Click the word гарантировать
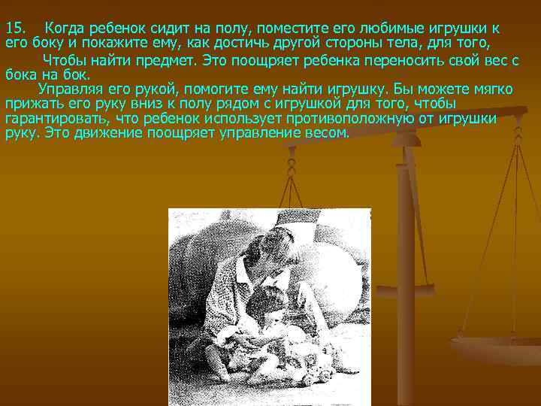[x=52, y=119]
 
